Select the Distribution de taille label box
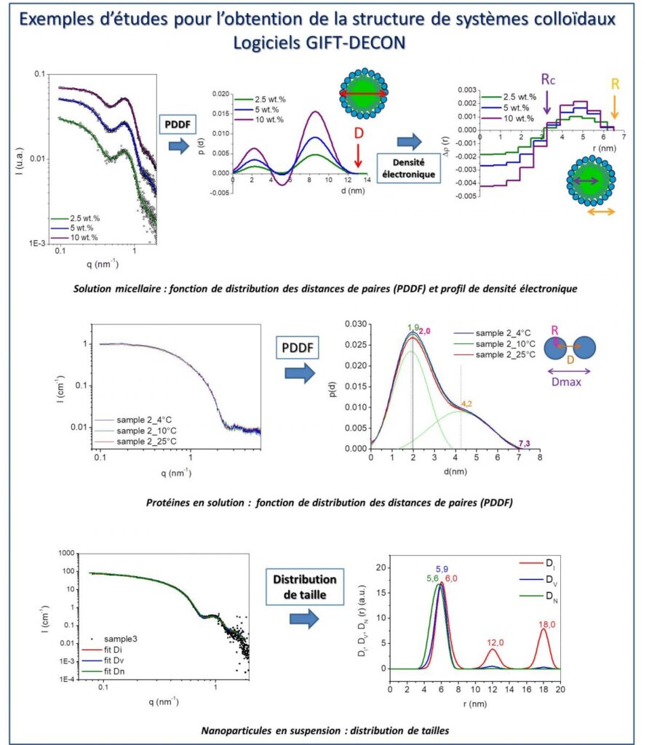pos(305,586)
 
